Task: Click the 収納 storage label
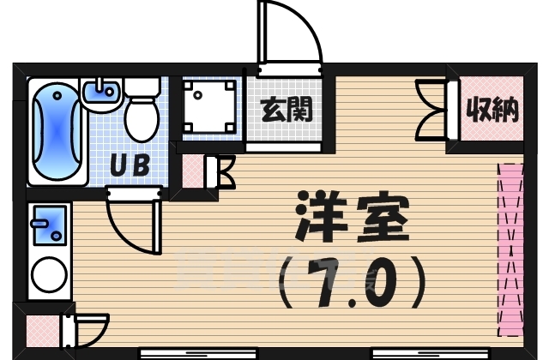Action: [492, 109]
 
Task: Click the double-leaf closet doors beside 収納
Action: [433, 109]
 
